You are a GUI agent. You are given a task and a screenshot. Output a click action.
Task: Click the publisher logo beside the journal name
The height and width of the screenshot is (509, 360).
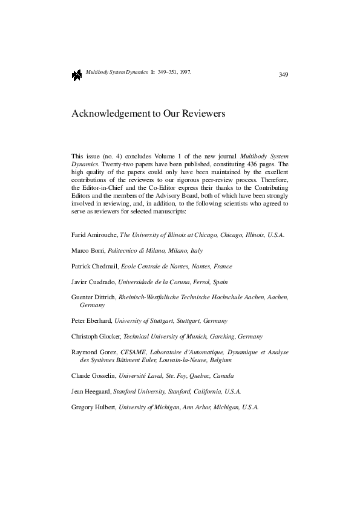(x=76, y=75)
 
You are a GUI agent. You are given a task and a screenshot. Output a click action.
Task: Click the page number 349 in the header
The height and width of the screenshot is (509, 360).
(x=283, y=74)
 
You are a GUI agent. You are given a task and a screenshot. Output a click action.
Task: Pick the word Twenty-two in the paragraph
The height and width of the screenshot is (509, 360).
(x=113, y=164)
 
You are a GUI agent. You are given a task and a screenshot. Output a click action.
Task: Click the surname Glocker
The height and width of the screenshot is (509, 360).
(x=108, y=336)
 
